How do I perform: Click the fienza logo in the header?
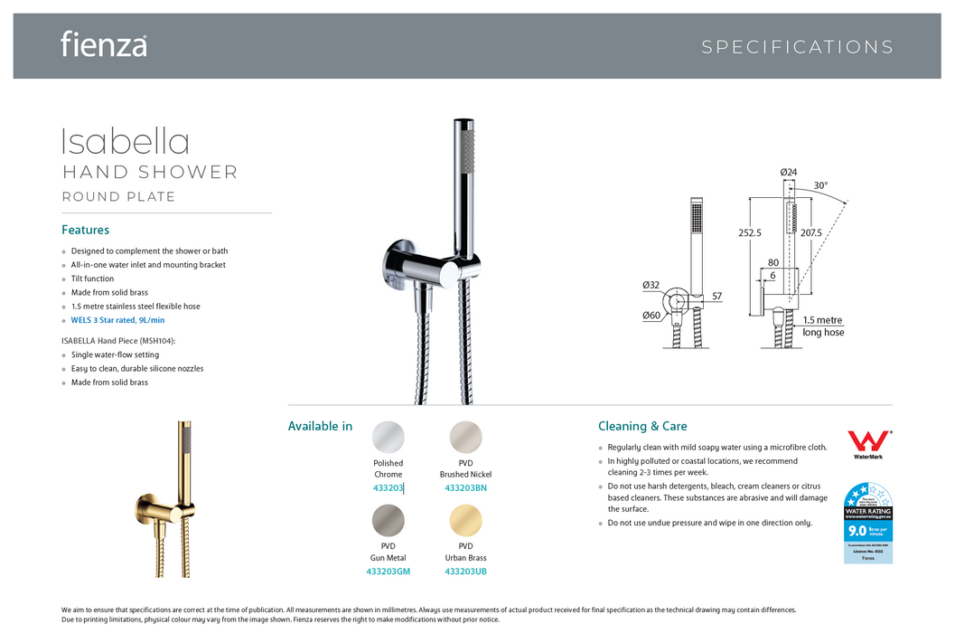[104, 44]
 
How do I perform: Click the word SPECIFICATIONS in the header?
[797, 47]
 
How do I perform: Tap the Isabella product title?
[126, 142]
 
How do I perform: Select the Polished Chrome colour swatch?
[389, 437]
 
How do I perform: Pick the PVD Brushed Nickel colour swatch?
[465, 437]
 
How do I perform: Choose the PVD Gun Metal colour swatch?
[389, 520]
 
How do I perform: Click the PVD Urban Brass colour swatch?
[465, 520]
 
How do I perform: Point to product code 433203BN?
[465, 488]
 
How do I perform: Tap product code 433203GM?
[389, 572]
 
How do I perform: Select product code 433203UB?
[465, 572]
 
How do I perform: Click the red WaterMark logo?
[867, 444]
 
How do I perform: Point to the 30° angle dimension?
[819, 186]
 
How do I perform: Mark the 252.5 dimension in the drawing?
[750, 232]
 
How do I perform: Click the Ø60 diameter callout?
[651, 315]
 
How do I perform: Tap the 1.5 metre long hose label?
[822, 326]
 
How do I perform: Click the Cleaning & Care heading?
[642, 426]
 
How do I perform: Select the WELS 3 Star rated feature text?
[117, 320]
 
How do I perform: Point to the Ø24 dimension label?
[789, 173]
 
